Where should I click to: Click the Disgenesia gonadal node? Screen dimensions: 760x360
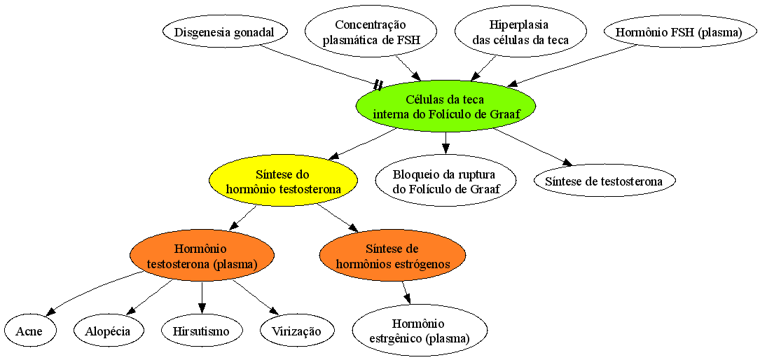click(224, 32)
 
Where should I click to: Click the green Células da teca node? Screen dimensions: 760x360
click(445, 106)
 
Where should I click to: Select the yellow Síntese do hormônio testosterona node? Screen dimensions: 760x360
click(283, 181)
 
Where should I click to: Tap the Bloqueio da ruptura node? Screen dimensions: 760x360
click(445, 181)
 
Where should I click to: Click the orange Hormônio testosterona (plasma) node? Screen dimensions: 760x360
click(202, 256)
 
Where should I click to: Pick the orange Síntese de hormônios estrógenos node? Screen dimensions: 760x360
click(392, 256)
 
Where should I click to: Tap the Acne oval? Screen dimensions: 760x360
click(29, 331)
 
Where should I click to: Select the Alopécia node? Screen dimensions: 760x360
click(109, 331)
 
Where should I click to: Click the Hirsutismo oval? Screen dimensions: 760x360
click(202, 331)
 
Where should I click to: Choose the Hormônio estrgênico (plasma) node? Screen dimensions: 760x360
click(420, 331)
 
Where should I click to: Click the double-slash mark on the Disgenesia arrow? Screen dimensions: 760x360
click(378, 85)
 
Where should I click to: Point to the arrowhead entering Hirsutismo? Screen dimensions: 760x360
click(202, 310)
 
